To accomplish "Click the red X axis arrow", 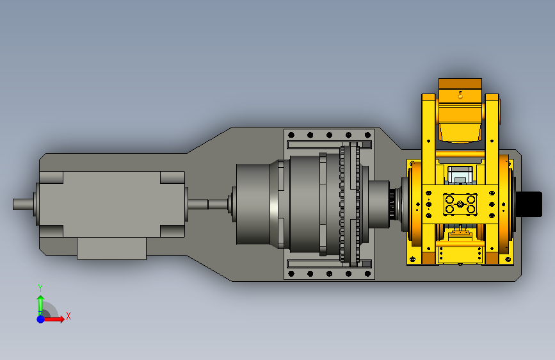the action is (53, 319).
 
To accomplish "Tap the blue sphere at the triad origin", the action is (41, 319).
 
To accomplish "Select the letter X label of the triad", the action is (68, 316).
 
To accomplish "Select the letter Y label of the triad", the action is (40, 288).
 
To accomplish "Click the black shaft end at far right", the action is (529, 204).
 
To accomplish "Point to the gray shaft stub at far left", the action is (24, 204).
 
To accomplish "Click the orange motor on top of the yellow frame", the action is (460, 111).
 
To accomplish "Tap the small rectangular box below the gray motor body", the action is (111, 249).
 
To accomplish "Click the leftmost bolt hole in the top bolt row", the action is (291, 135).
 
